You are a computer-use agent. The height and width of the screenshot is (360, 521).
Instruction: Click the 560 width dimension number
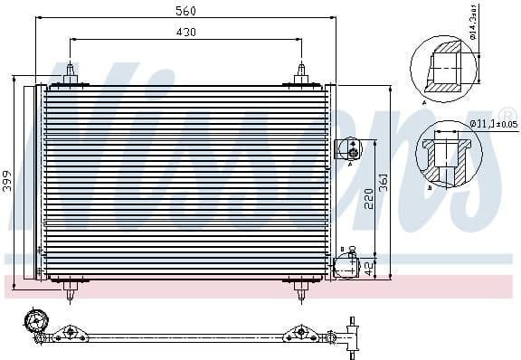pos(186,11)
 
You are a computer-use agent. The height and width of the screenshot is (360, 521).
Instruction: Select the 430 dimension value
pos(186,32)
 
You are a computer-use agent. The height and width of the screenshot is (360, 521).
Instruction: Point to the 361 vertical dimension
pos(384,180)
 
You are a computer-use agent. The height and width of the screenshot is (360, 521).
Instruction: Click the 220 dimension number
pos(369,199)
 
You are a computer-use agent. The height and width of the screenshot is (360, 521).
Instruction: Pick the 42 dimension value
pos(369,267)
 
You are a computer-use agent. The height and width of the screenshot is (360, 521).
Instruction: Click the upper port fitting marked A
pos(347,148)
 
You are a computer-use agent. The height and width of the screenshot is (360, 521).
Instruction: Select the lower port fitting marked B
pos(346,266)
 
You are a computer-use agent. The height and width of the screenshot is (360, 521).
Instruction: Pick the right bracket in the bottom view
pos(300,336)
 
